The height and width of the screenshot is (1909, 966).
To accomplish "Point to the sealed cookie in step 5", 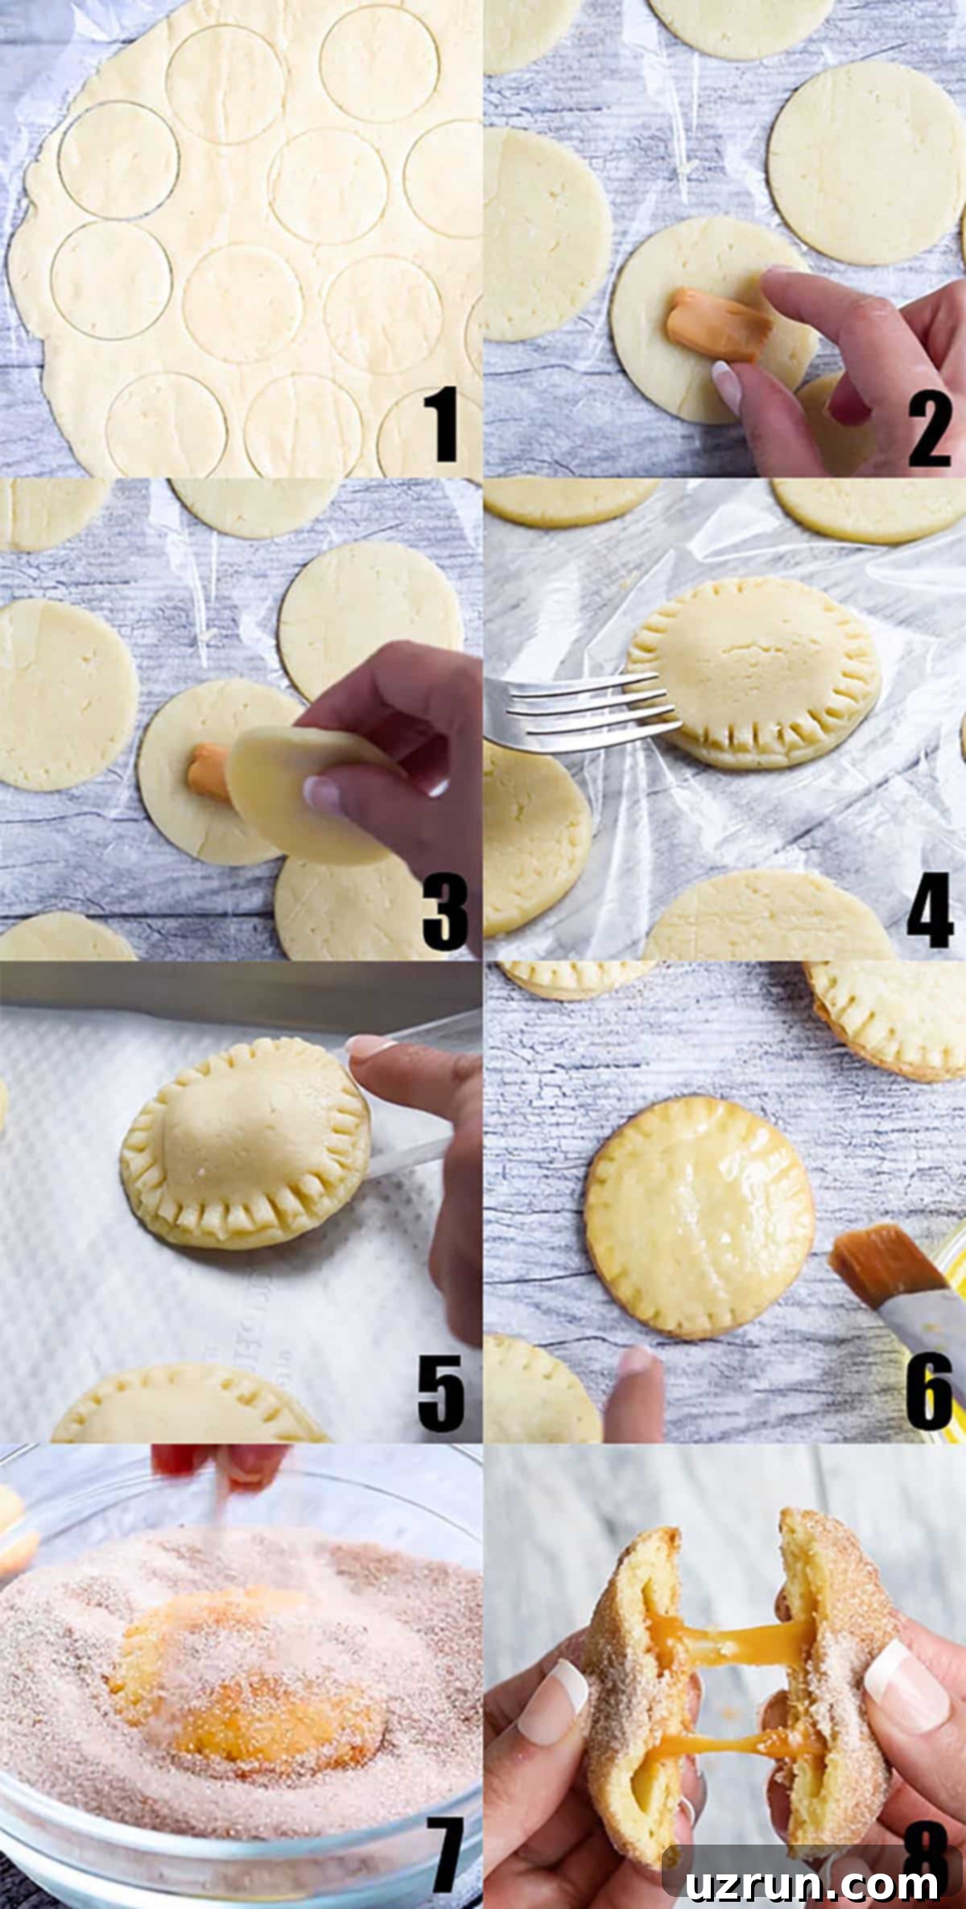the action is coord(246,1143).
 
